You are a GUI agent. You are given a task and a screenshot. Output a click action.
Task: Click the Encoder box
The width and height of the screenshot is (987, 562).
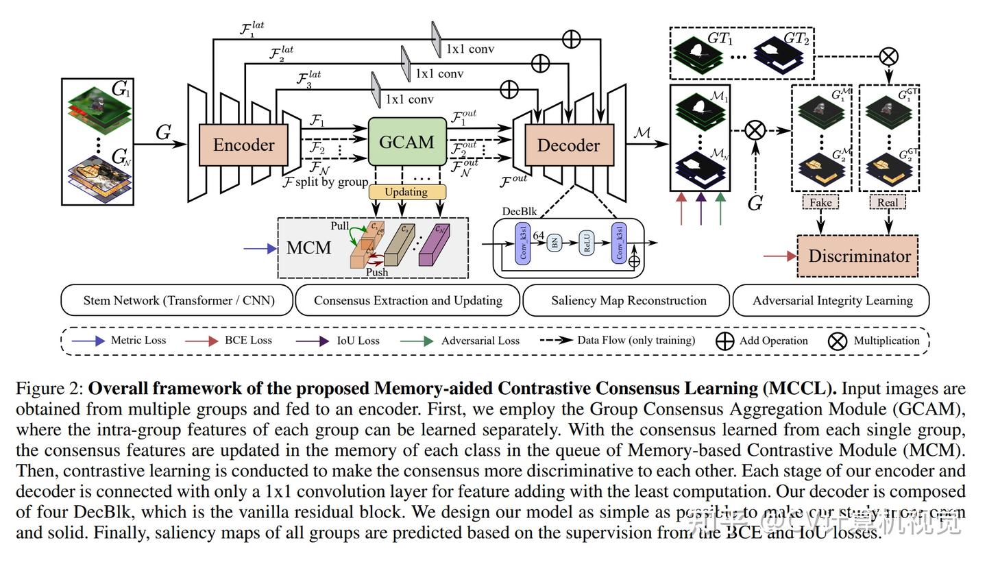[x=243, y=145]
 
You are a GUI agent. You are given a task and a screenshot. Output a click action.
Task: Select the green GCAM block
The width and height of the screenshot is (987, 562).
[x=406, y=142]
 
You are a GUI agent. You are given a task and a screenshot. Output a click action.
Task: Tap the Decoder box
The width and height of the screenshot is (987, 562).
[x=568, y=145]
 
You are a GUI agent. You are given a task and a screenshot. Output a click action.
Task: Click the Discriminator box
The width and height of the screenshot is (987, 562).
[x=858, y=256]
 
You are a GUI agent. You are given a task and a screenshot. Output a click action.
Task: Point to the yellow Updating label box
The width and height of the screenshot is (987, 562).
[x=406, y=192]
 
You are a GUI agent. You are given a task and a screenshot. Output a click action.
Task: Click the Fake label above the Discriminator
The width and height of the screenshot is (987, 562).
[x=820, y=202]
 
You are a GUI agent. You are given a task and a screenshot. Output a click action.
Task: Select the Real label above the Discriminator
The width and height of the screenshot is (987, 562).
[x=888, y=202]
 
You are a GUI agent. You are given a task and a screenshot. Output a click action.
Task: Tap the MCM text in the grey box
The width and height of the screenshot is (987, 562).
[x=308, y=248]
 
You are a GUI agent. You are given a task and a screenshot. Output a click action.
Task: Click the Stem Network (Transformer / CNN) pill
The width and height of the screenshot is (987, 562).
[x=178, y=300]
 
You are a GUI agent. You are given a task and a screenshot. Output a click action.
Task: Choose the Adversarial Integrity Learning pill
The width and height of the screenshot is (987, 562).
[x=832, y=300]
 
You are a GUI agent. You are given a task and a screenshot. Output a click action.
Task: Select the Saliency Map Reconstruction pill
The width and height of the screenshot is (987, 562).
[x=628, y=300]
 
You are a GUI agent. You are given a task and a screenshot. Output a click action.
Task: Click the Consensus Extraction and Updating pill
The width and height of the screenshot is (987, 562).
[x=408, y=300]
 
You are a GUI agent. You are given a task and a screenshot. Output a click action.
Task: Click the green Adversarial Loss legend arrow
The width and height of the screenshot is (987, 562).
[x=419, y=341]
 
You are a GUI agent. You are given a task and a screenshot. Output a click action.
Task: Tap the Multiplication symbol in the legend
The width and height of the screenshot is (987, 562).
[x=838, y=341]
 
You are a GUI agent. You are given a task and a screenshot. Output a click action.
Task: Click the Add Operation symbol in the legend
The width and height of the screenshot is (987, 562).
[x=724, y=341]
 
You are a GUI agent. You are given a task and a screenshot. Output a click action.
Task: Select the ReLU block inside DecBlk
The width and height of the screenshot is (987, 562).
[x=586, y=243]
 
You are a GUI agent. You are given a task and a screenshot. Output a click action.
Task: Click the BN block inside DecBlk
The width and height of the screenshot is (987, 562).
[x=555, y=243]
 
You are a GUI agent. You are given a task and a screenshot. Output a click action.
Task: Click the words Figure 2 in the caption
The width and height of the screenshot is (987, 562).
[x=49, y=389]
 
